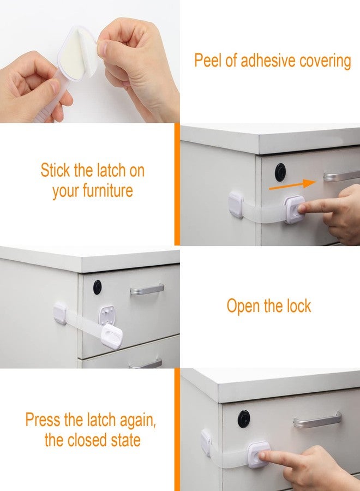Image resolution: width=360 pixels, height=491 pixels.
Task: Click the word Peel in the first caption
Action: (x=208, y=61)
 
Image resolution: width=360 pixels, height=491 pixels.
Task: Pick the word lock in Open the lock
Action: (x=297, y=306)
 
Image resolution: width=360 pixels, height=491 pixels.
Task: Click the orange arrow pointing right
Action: (x=292, y=185)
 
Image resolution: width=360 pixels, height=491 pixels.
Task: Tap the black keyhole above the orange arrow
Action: (x=280, y=172)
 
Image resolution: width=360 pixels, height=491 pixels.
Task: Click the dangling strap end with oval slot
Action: (x=112, y=336)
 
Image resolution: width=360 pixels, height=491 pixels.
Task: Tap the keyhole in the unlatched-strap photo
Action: (x=97, y=287)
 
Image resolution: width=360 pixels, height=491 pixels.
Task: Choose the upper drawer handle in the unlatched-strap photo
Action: (x=147, y=289)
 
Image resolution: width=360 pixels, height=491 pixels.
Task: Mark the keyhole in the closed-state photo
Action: (x=244, y=418)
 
